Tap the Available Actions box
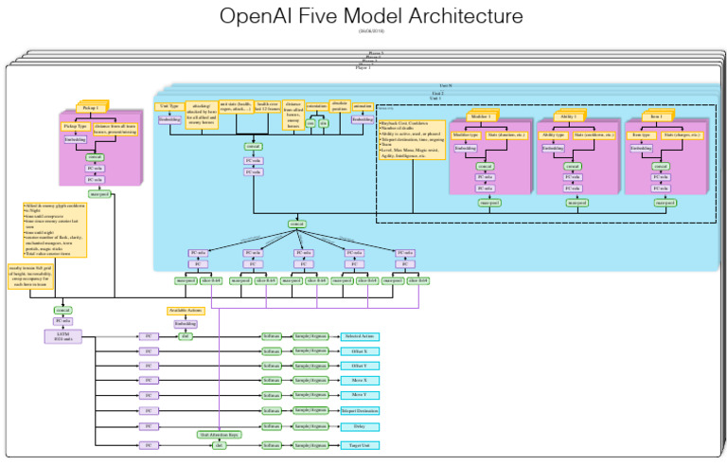click(x=186, y=311)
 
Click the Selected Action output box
click(x=360, y=336)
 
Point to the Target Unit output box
click(x=360, y=444)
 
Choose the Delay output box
click(x=360, y=427)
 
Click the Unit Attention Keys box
click(x=219, y=434)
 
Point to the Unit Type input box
click(x=169, y=106)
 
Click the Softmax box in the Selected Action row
click(x=272, y=336)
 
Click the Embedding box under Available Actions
click(x=186, y=323)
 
